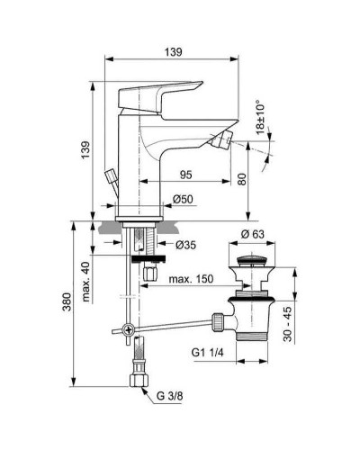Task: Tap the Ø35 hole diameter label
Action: pyautogui.click(x=185, y=244)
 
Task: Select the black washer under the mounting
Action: pyautogui.click(x=144, y=258)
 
